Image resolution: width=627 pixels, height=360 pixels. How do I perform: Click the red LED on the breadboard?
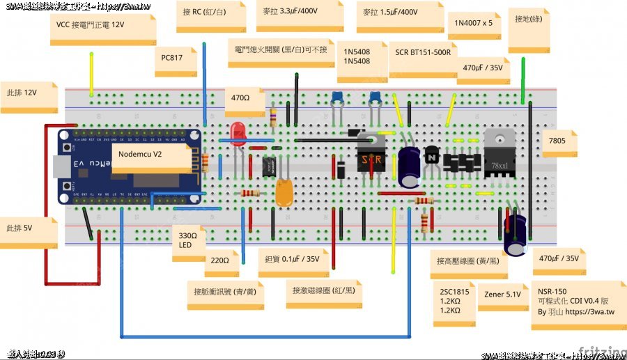[x=238, y=133]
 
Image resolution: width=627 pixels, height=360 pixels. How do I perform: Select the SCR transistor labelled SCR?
[x=371, y=157]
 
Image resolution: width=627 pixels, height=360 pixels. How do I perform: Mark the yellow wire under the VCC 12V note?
[x=91, y=73]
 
